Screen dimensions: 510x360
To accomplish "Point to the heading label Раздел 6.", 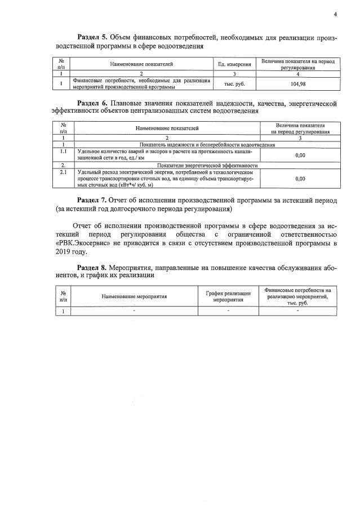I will [94, 104].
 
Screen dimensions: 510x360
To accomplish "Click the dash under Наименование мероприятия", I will [134, 311].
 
